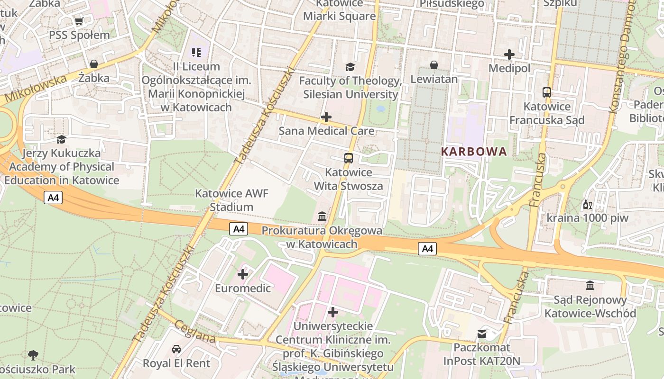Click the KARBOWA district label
474,152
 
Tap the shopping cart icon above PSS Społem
79,21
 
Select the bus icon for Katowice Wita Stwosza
349,158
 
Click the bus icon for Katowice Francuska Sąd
547,92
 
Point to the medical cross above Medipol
509,54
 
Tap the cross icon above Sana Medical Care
326,117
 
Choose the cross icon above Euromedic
243,274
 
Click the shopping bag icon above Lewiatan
434,65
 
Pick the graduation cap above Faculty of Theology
350,67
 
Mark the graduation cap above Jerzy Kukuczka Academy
61,139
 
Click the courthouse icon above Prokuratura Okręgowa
322,217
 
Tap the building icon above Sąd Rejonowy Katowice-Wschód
590,286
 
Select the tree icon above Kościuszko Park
33,355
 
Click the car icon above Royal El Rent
176,349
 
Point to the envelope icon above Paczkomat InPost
482,334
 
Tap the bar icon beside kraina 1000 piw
587,205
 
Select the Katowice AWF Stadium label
231,200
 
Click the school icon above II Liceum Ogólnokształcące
196,52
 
